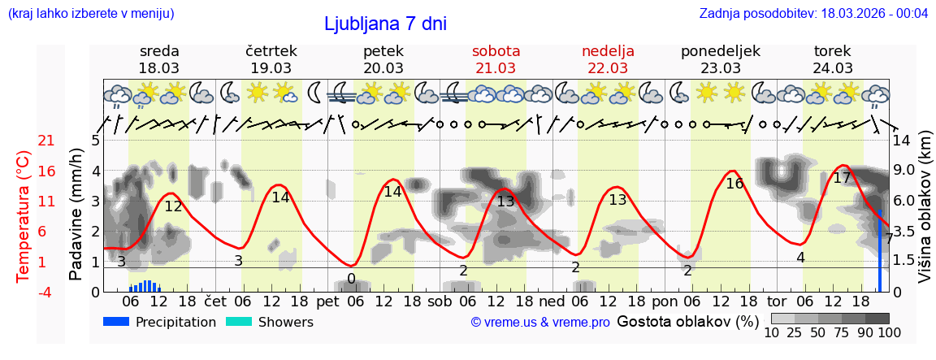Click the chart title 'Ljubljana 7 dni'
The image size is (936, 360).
click(x=385, y=24)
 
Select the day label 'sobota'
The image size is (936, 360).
click(x=496, y=51)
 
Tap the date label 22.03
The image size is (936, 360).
click(x=608, y=68)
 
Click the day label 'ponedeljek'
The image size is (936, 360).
click(x=720, y=51)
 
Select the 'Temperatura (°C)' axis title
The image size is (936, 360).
click(x=24, y=216)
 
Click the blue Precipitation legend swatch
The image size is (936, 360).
click(x=116, y=322)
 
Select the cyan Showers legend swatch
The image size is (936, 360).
click(x=238, y=322)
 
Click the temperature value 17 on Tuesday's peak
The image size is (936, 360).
click(x=842, y=178)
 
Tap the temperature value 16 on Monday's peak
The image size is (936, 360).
click(x=734, y=184)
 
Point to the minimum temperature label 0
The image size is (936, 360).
click(x=351, y=279)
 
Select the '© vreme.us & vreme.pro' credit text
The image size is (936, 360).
click(x=540, y=323)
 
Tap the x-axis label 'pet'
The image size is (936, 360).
click(x=327, y=301)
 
